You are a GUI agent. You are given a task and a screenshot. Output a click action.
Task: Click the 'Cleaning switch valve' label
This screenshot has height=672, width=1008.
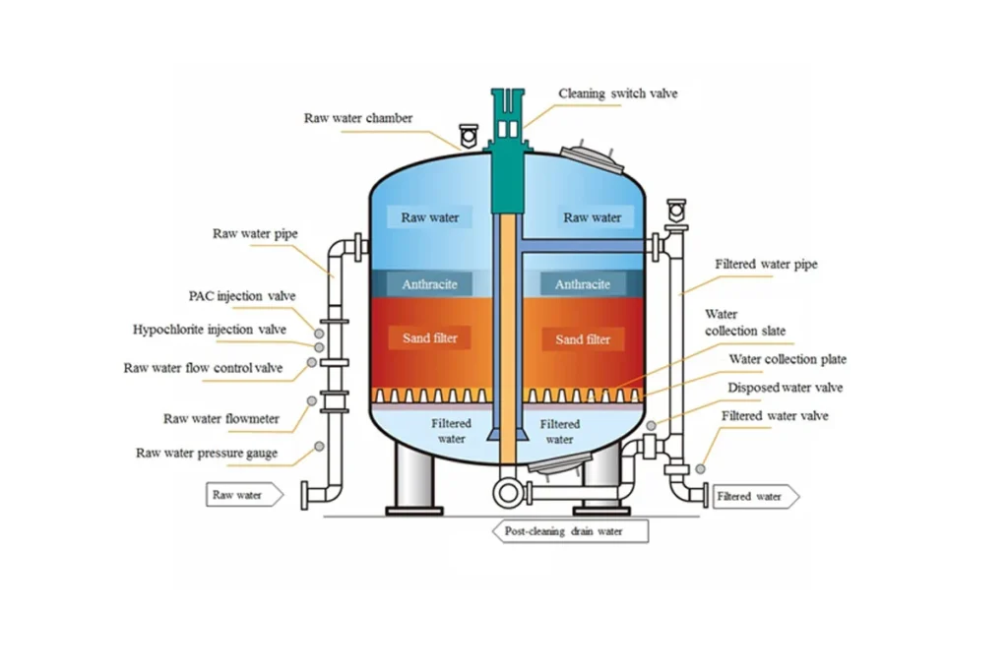[618, 93]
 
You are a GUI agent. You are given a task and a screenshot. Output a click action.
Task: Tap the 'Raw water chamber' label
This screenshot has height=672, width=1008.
[358, 118]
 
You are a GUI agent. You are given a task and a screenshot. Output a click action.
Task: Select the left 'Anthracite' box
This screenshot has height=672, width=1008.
[429, 284]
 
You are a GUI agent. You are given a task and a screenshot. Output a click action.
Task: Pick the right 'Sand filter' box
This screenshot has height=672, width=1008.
[583, 339]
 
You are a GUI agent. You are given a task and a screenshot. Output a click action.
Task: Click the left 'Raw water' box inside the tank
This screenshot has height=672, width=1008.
[429, 217]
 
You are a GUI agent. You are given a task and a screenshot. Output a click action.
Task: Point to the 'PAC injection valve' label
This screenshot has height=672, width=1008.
[242, 296]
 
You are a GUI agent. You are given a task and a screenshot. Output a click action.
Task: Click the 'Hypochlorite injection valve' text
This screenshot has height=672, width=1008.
[209, 330]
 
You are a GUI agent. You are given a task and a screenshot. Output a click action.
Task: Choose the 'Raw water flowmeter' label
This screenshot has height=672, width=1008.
[221, 419]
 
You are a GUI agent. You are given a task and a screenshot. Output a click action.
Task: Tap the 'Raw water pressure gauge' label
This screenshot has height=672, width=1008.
[207, 453]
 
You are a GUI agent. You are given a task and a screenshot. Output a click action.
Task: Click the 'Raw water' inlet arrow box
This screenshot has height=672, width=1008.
[244, 495]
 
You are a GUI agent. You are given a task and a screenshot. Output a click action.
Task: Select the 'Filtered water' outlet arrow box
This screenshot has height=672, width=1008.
[756, 497]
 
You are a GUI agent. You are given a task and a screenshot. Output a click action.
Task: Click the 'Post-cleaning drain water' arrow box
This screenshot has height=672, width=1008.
[570, 531]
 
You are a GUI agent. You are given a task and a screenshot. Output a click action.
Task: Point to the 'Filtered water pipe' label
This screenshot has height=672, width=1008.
[766, 264]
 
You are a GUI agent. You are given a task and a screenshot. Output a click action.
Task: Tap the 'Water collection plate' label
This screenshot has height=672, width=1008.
[787, 359]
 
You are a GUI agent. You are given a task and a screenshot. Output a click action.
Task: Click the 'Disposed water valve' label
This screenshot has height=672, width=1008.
[785, 388]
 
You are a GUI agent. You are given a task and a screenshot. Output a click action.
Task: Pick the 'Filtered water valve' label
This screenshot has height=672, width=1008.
[775, 415]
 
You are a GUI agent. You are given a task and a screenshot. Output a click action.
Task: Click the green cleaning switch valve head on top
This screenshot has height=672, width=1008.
[508, 122]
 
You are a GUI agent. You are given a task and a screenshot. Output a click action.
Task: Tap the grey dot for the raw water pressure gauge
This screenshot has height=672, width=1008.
[319, 447]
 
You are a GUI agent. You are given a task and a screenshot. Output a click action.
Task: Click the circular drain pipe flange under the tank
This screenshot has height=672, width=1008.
[508, 493]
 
